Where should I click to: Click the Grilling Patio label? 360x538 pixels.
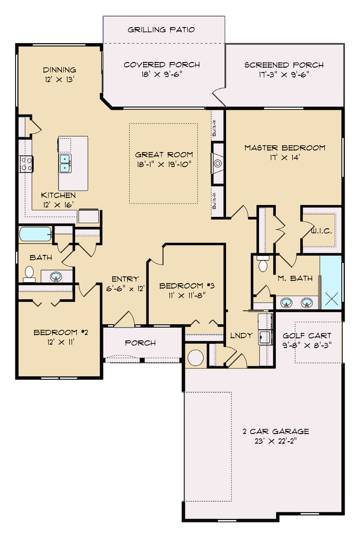pyautogui.click(x=161, y=30)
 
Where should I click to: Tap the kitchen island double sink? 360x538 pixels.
pyautogui.click(x=65, y=163)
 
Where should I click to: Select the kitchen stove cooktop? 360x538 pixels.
pyautogui.click(x=26, y=164)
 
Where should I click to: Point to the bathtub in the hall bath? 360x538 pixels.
pyautogui.click(x=35, y=234)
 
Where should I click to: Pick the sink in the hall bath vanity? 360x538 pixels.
pyautogui.click(x=56, y=276)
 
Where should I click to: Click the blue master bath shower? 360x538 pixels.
pyautogui.click(x=331, y=282)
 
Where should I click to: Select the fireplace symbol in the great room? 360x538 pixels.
pyautogui.click(x=218, y=163)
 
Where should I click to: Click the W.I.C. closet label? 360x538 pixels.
pyautogui.click(x=321, y=231)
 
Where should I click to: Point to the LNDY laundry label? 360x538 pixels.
pyautogui.click(x=241, y=335)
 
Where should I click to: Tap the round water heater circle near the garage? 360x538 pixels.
pyautogui.click(x=195, y=358)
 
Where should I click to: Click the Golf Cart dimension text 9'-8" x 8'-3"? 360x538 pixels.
pyautogui.click(x=307, y=345)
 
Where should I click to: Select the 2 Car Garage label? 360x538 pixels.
pyautogui.click(x=276, y=431)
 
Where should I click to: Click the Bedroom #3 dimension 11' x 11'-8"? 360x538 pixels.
pyautogui.click(x=187, y=295)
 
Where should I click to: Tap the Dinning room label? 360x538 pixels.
pyautogui.click(x=59, y=70)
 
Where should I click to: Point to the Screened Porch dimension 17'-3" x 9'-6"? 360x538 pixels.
pyautogui.click(x=284, y=74)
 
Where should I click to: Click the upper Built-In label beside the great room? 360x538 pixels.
pyautogui.click(x=214, y=128)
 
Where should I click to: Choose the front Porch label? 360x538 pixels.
pyautogui.click(x=140, y=343)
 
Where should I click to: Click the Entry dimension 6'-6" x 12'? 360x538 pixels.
pyautogui.click(x=125, y=289)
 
